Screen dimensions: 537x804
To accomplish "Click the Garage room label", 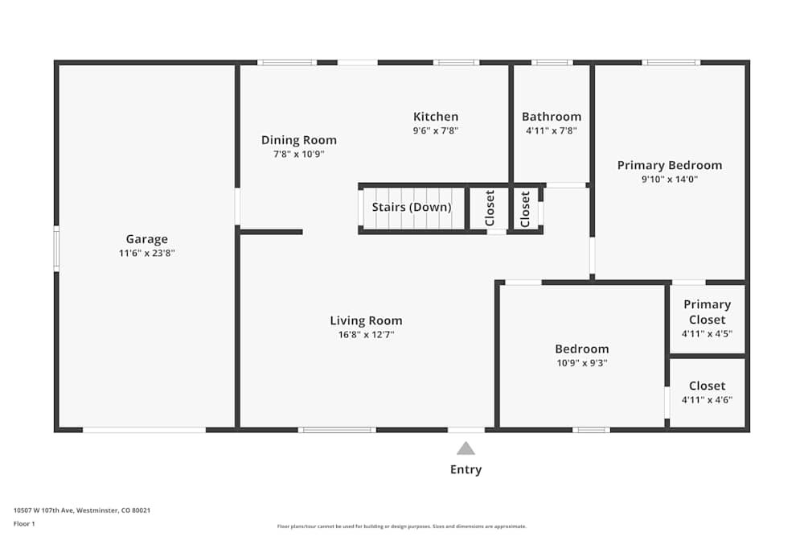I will (146, 239).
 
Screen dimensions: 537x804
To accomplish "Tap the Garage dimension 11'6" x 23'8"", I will (146, 253).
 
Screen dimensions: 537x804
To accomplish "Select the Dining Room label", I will (298, 140).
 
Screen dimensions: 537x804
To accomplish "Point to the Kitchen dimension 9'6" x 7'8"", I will (436, 130).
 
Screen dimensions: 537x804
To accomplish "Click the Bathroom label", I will (551, 117).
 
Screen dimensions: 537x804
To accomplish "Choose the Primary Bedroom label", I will (669, 165).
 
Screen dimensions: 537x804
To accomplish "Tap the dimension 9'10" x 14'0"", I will (669, 180).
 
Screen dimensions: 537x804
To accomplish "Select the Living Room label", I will (366, 320).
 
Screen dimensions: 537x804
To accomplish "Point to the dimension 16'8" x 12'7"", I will (366, 334).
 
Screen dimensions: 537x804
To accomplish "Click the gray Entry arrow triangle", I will (466, 448).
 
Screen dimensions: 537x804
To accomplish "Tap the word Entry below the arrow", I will (466, 469).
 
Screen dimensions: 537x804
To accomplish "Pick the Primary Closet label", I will (707, 312).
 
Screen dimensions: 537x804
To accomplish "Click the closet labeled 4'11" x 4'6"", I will (707, 392).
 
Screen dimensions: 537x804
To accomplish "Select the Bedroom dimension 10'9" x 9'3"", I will (581, 362).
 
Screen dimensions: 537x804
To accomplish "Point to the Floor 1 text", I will (24, 523).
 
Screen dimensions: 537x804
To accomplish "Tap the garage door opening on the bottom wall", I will (144, 430).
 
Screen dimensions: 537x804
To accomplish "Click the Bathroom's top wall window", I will (552, 62).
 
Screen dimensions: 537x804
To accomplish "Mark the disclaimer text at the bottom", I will (401, 527).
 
